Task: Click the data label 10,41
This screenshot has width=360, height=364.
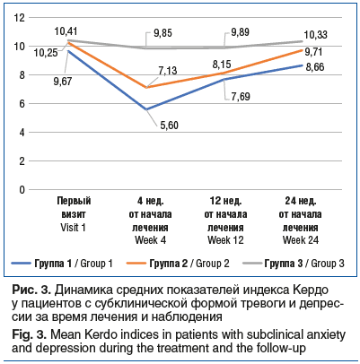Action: click(x=66, y=31)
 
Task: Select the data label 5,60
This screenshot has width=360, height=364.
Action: click(x=169, y=126)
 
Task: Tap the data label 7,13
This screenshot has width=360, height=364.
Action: click(x=168, y=71)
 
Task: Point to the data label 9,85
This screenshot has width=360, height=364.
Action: click(x=162, y=33)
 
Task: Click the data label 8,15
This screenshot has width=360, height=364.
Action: click(x=222, y=65)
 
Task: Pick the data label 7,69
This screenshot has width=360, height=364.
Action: click(x=241, y=97)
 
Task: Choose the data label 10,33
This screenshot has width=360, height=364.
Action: click(x=315, y=35)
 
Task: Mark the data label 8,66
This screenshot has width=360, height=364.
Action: click(x=315, y=67)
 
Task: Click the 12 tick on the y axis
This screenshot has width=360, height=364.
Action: click(x=20, y=18)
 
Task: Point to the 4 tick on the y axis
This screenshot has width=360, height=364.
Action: click(x=22, y=133)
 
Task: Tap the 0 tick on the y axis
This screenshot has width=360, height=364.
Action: click(x=22, y=190)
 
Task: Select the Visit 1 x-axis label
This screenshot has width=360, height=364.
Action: click(x=73, y=228)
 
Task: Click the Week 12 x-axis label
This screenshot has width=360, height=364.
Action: click(x=225, y=240)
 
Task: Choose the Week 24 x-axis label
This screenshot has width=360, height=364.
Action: click(x=301, y=240)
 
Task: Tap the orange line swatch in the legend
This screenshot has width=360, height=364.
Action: click(x=136, y=264)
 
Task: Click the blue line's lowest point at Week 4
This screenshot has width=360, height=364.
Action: click(x=146, y=109)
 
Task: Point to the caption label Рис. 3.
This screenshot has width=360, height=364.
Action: click(x=32, y=290)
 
